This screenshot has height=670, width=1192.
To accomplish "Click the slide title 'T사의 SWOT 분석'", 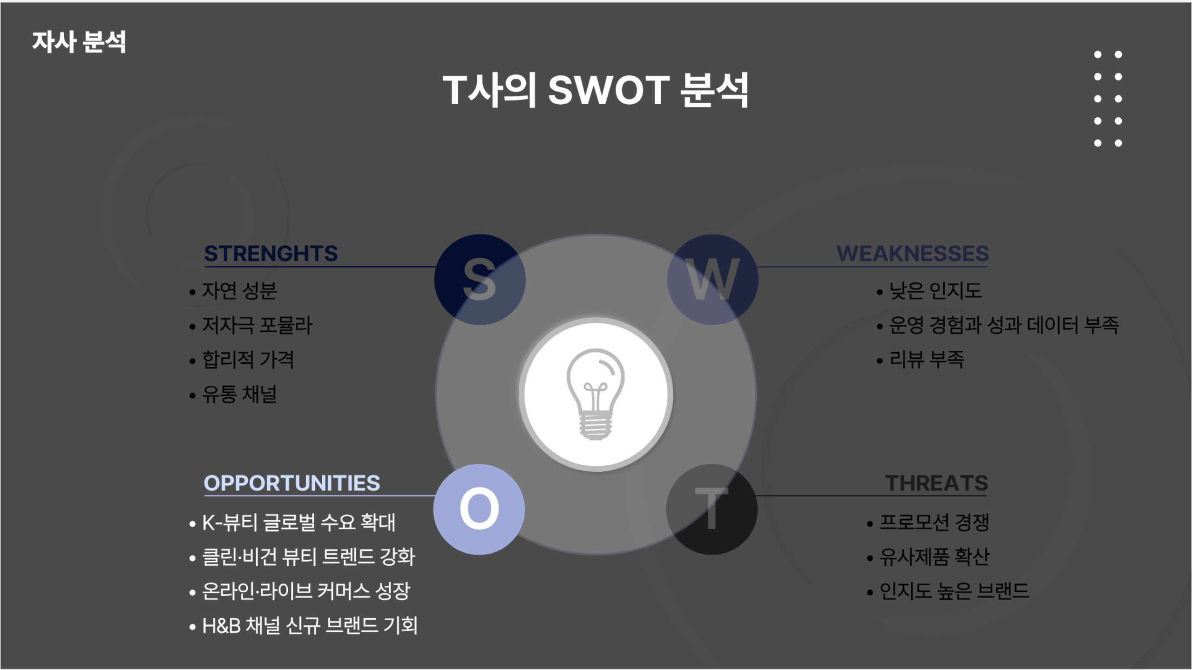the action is (x=596, y=90).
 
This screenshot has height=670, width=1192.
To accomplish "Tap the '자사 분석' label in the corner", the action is (x=79, y=42).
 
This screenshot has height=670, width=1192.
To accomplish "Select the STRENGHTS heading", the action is (x=271, y=254).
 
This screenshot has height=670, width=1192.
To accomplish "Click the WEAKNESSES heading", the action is (x=912, y=254).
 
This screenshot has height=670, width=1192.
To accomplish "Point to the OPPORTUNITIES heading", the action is (x=292, y=483).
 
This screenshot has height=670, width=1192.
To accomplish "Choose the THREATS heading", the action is (x=936, y=483).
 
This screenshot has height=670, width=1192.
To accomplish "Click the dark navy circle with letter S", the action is (x=480, y=280).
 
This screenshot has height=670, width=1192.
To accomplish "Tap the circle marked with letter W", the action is (x=712, y=280).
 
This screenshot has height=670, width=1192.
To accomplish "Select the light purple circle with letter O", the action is (x=479, y=509).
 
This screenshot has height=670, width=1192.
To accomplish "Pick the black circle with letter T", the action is (x=711, y=509).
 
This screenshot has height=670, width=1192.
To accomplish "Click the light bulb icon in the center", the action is (x=596, y=394).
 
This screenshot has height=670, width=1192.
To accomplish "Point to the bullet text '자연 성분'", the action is (x=239, y=291).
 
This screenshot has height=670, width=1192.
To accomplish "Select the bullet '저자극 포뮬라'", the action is (x=257, y=325).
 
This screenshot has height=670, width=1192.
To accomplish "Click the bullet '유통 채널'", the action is (x=239, y=394).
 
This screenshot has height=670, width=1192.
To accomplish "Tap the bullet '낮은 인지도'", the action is (x=935, y=291).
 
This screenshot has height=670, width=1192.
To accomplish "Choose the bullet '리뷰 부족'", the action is (x=927, y=360).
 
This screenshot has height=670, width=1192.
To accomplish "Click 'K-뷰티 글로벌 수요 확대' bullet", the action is (x=298, y=522).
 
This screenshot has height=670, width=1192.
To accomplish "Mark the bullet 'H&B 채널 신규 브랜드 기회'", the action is (x=310, y=625).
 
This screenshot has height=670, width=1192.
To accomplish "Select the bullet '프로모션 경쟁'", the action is (x=934, y=522).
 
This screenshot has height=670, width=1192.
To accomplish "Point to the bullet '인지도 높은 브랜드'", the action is (x=954, y=591).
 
